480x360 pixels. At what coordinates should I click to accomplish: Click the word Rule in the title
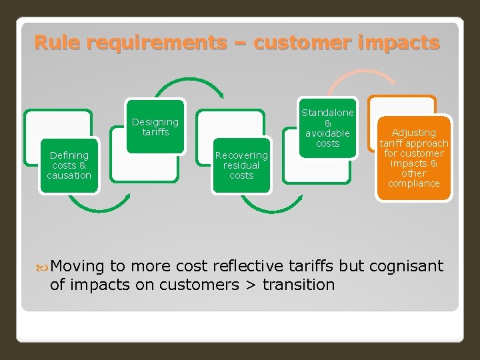pyautogui.click(x=58, y=43)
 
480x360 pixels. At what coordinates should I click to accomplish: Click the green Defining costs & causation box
pyautogui.click(x=69, y=165)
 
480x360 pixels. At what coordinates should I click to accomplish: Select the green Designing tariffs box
pyautogui.click(x=155, y=127)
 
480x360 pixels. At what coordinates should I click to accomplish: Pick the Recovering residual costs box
pyautogui.click(x=241, y=165)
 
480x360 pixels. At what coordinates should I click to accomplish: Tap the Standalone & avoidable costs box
pyautogui.click(x=327, y=128)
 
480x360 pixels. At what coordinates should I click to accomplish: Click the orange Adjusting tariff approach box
pyautogui.click(x=413, y=158)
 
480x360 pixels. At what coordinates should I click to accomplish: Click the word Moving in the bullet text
pyautogui.click(x=77, y=267)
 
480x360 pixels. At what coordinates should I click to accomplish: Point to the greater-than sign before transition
pyautogui.click(x=250, y=285)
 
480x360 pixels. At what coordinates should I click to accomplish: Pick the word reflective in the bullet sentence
pyautogui.click(x=246, y=267)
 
